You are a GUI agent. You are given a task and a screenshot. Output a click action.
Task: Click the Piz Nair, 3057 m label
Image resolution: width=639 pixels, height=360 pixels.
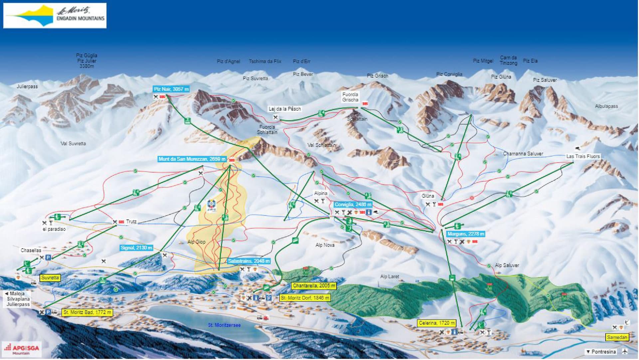click(171, 89)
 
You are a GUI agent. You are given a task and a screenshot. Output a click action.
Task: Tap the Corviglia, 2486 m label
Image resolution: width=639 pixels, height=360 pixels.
click(353, 205)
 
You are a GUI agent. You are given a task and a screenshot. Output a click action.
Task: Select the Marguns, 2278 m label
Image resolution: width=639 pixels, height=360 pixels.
click(465, 234)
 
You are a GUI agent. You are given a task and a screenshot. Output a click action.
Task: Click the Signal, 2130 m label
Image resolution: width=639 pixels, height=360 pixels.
click(136, 248)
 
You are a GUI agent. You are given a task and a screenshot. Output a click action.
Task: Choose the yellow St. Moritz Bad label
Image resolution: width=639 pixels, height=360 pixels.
click(87, 312)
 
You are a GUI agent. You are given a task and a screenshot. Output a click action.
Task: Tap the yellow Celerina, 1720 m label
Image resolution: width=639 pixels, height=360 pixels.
click(437, 323)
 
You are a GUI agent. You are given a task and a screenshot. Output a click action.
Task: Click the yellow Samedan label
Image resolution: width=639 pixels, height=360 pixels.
click(617, 337)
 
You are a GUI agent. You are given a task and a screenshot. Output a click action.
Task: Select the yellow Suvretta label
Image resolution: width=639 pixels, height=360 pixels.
click(50, 278)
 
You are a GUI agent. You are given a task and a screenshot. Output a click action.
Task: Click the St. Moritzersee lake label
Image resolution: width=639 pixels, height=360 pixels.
click(224, 325)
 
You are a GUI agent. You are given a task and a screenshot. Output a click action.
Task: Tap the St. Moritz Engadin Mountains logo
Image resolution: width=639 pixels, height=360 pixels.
click(55, 16)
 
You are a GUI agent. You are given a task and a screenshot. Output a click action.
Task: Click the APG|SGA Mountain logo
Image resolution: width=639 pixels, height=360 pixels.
click(22, 349)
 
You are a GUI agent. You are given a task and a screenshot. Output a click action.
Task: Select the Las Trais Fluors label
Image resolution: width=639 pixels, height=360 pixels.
click(583, 156)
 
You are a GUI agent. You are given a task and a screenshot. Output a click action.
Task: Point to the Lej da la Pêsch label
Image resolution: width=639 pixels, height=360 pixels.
click(285, 109)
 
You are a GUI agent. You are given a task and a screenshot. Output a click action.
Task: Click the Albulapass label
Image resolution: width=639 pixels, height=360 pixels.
click(606, 106)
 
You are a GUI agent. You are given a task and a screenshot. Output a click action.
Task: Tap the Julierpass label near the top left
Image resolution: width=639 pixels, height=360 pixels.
click(27, 87)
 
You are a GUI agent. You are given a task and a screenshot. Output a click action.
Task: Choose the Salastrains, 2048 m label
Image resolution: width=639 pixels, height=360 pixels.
click(249, 261)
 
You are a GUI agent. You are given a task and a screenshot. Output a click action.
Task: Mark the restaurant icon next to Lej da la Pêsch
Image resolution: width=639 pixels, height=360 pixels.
click(276, 117)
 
